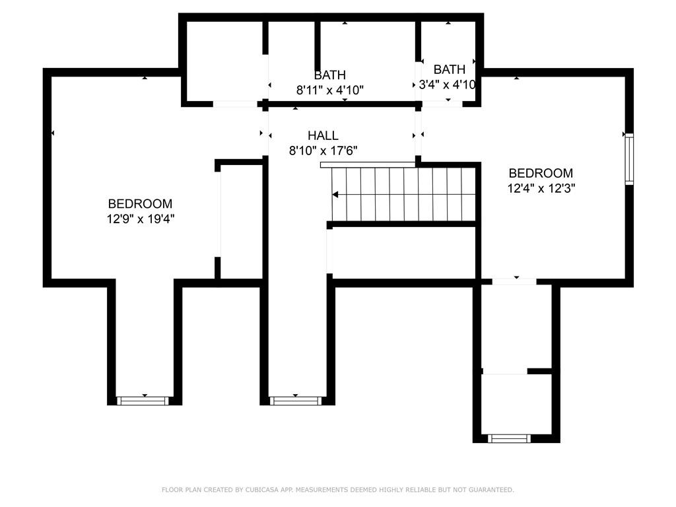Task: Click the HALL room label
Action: coord(323,135)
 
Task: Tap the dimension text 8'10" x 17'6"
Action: coord(323,151)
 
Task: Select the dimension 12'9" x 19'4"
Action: coord(141,219)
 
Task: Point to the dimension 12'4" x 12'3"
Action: coord(541,188)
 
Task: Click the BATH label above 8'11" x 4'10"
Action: coord(330,75)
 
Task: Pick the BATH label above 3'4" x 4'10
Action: coord(449,69)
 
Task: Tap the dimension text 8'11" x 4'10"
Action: coord(330,90)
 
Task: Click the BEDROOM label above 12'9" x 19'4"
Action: coord(140,203)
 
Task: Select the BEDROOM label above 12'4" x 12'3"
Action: coord(541,173)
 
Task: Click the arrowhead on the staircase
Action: coord(335,195)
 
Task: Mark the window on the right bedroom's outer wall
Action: coord(629,159)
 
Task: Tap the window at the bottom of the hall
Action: coord(296,401)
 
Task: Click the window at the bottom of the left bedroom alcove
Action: coord(143,401)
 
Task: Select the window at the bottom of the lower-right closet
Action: coord(509,439)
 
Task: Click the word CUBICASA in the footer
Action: coord(261,490)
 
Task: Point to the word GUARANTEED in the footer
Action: coord(491,490)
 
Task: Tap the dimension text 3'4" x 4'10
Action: coord(448,84)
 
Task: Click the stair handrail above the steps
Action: coord(368,164)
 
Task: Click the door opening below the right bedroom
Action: coord(514,282)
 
